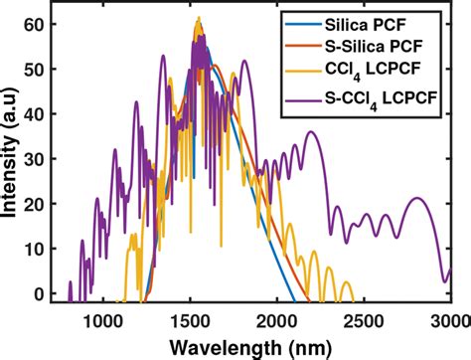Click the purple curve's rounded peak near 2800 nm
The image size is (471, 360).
point(418,199)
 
